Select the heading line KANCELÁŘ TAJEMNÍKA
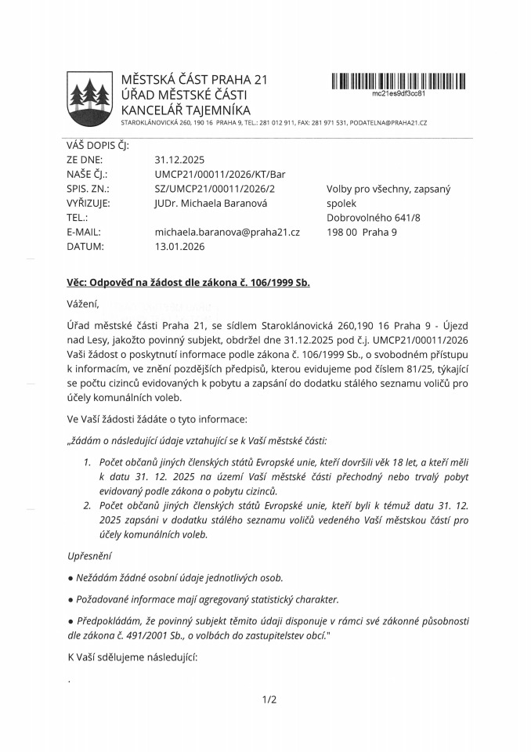(186, 110)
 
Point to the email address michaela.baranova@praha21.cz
(227, 232)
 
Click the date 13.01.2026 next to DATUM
(179, 246)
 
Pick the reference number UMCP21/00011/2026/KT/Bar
(220, 175)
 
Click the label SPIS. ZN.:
(88, 189)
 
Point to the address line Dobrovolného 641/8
(373, 218)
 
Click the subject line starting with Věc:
(189, 282)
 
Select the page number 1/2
(269, 700)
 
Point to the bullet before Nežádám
(71, 578)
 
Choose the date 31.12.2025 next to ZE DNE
(179, 160)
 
